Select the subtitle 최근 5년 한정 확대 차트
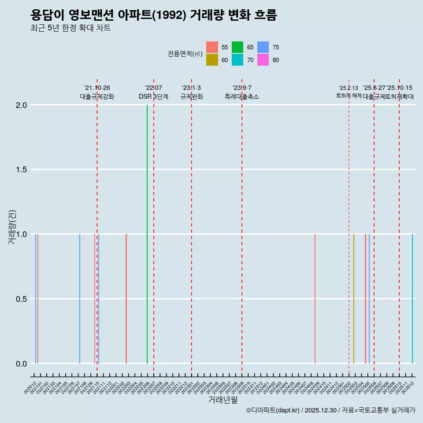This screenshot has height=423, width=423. click(70, 28)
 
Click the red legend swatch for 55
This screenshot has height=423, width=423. click(212, 47)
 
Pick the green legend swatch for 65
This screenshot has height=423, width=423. click(237, 47)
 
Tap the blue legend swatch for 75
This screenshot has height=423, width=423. click(263, 47)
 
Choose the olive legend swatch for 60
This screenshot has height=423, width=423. click(212, 60)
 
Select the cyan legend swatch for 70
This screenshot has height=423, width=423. click(237, 60)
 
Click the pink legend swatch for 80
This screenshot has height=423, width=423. click(263, 60)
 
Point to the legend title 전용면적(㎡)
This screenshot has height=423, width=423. click(185, 54)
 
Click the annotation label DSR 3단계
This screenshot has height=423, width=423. click(153, 96)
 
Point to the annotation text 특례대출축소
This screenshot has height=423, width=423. click(242, 96)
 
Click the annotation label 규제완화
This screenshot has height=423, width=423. click(192, 96)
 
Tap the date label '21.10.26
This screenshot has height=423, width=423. click(97, 88)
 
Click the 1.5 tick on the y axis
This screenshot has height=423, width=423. click(21, 170)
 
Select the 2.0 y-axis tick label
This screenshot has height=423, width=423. click(21, 105)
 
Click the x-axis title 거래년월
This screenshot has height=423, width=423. click(223, 400)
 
